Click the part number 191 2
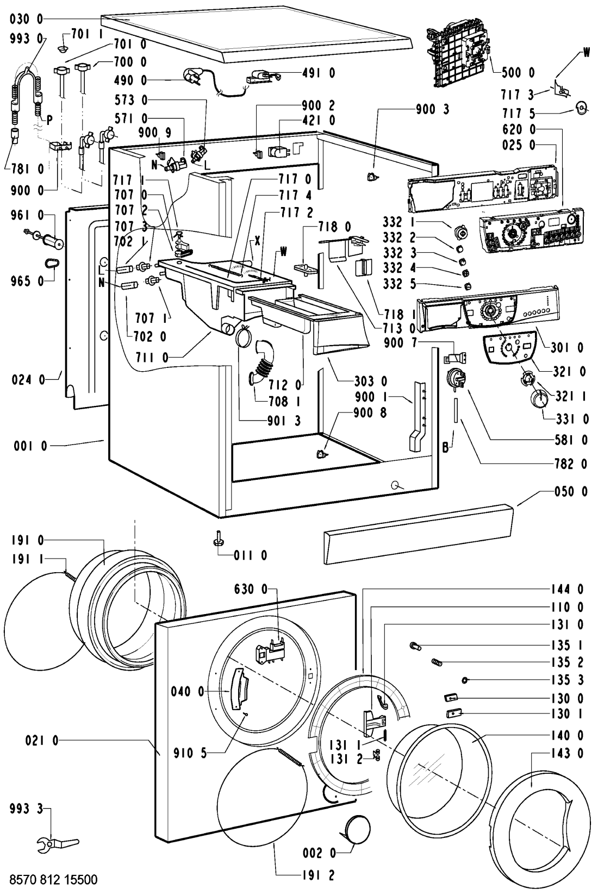point(317,875)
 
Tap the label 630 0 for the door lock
point(251,589)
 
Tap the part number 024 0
point(28,380)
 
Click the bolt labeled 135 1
point(415,646)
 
